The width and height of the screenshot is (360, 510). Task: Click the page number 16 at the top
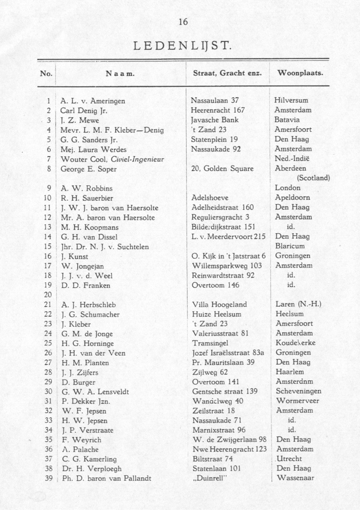[183, 22]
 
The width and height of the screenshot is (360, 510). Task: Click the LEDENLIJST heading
[183, 44]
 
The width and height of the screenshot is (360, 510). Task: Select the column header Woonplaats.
[300, 73]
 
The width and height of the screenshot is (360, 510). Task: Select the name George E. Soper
[89, 169]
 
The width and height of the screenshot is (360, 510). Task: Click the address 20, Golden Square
[222, 169]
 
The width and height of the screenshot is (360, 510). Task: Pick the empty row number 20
[47, 295]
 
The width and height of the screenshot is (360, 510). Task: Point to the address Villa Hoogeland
[219, 304]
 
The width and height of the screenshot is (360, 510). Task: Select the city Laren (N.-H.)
[298, 304]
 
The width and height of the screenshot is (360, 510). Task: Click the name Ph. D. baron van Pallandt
[106, 478]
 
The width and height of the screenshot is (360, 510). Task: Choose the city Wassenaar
[296, 478]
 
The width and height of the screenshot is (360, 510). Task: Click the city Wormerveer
[297, 401]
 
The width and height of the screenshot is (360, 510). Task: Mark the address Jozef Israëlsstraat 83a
[228, 353]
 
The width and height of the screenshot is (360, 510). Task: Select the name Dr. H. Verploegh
[91, 468]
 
